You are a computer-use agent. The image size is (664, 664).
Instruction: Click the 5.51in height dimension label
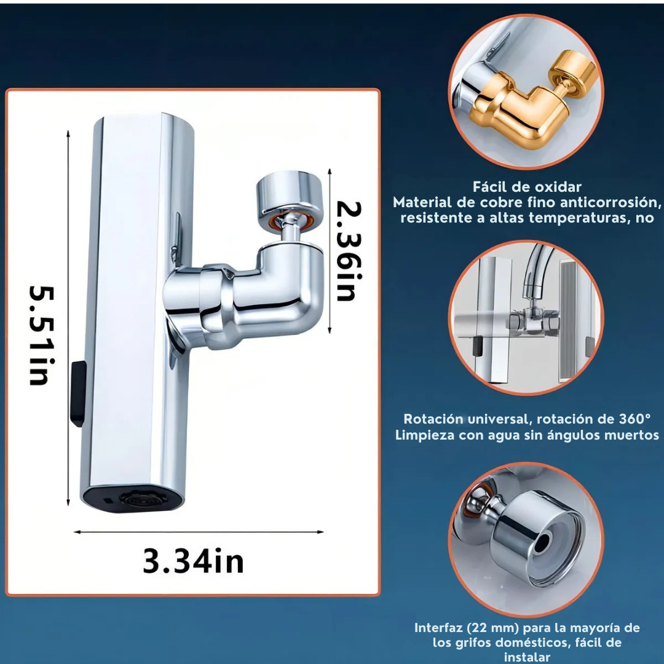pos(42,336)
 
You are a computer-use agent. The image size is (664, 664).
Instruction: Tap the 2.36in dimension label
pos(349,251)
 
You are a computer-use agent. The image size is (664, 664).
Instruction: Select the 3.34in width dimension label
pos(194,561)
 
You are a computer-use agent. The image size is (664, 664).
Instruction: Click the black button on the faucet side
pos(78,393)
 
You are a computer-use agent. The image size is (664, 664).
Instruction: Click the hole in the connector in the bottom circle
pos(542,543)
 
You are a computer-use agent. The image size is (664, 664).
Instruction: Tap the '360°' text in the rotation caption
pos(634,419)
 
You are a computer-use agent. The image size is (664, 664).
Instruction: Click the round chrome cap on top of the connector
pos(290,192)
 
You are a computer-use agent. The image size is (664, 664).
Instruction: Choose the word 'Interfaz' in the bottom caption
pos(438,628)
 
